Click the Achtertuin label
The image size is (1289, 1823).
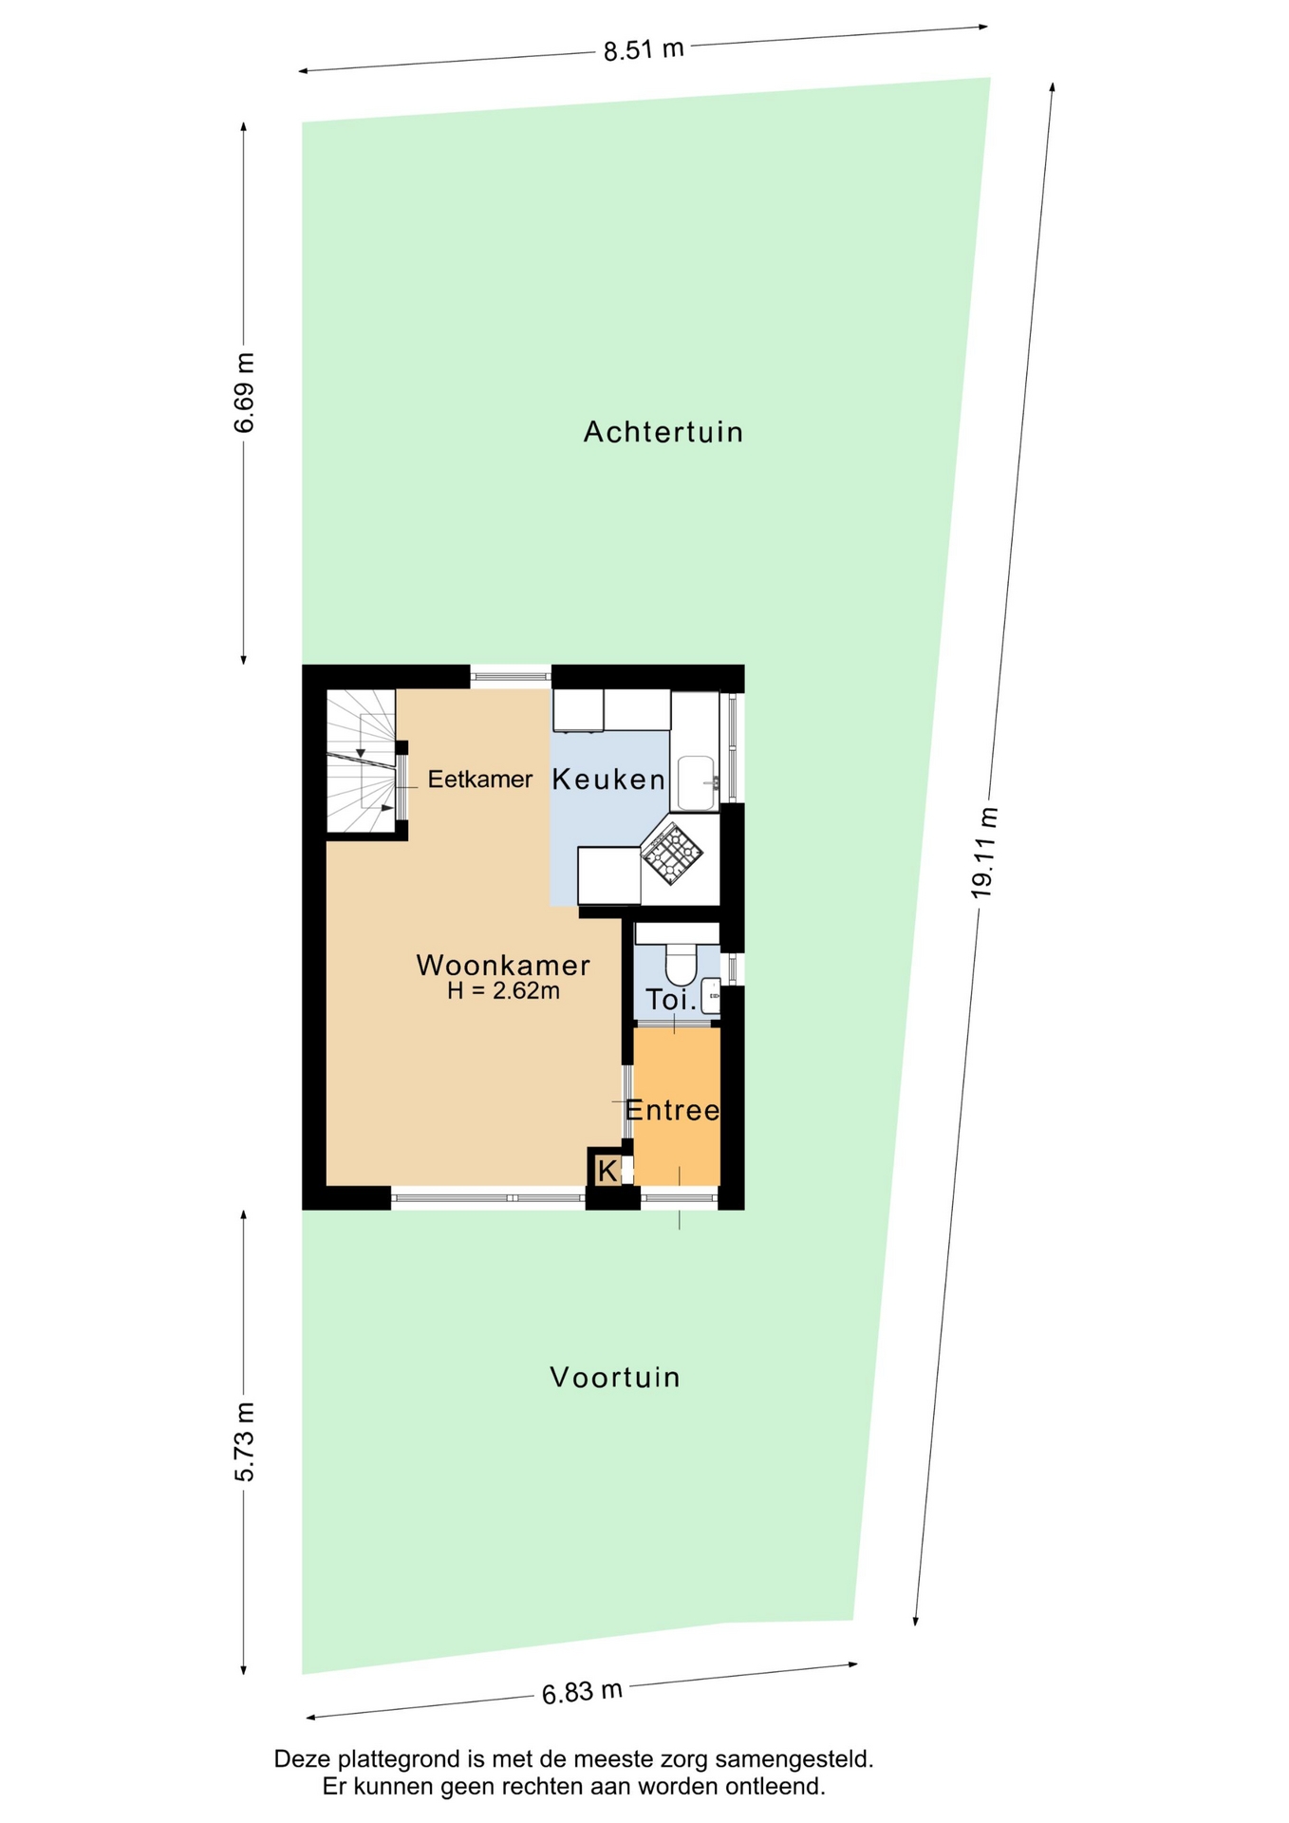[663, 432]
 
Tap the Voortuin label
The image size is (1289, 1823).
[615, 1377]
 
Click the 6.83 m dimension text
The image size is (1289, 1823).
[582, 1692]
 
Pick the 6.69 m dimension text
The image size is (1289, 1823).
[244, 392]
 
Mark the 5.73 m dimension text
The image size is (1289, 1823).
[244, 1441]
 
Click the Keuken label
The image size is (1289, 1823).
[608, 780]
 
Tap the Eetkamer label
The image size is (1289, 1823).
[479, 780]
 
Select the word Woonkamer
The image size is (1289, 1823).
[503, 966]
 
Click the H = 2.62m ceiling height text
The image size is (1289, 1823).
[503, 991]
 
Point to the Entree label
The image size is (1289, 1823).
[672, 1110]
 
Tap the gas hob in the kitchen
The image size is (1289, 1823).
[672, 854]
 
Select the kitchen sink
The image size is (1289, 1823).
[697, 783]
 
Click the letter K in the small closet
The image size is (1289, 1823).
[607, 1171]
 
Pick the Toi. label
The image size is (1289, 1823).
[671, 999]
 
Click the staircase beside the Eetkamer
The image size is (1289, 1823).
[362, 761]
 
